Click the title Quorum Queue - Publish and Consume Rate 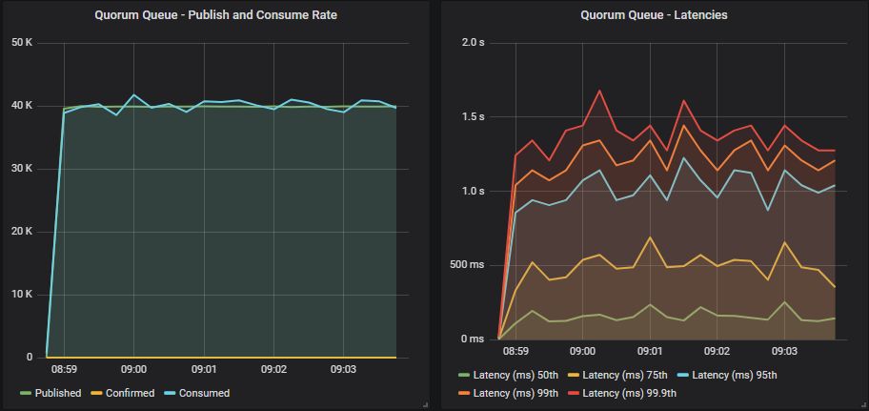[215, 15]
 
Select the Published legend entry [57, 393]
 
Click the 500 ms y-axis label [467, 265]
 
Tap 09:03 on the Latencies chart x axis [784, 351]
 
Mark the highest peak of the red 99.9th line [599, 91]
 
